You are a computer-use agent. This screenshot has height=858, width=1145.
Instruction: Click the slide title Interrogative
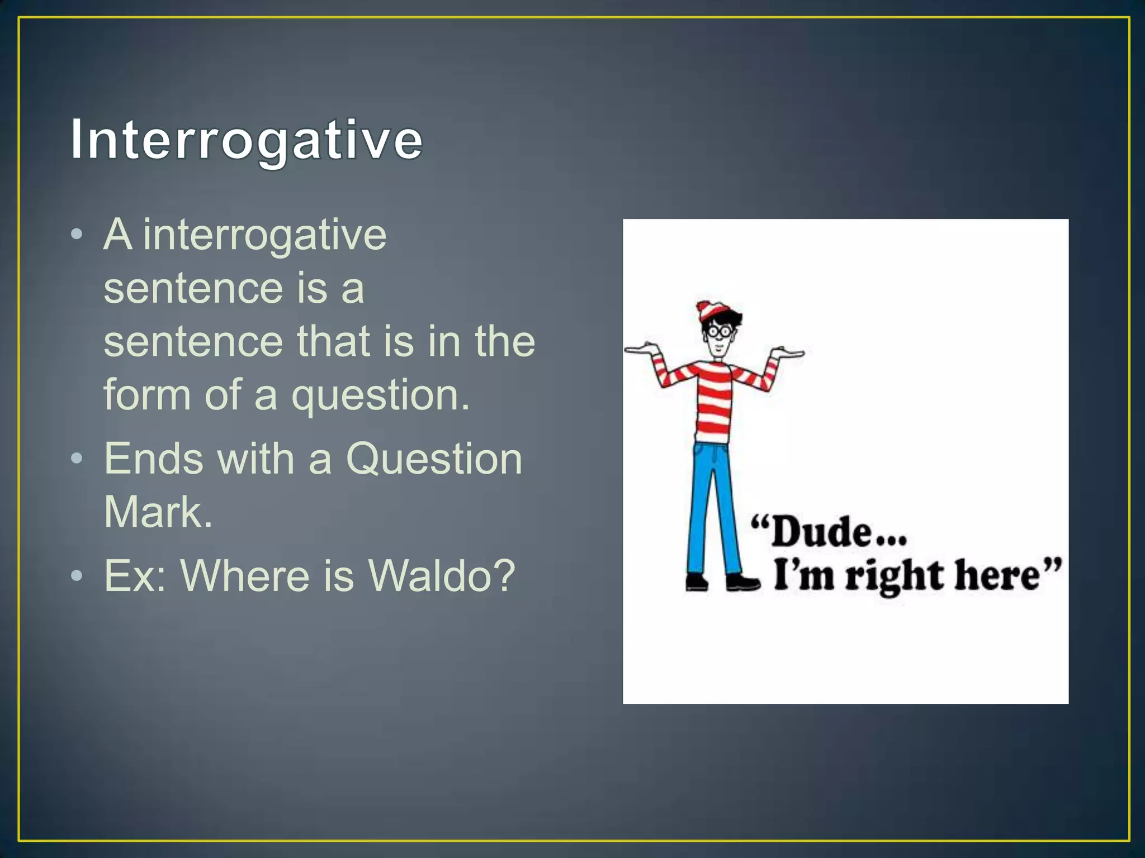coord(246,140)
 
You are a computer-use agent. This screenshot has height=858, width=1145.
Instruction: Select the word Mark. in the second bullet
coord(158,512)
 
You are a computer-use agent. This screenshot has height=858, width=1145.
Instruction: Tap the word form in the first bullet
coord(147,394)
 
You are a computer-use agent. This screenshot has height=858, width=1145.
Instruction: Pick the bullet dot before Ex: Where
coord(78,575)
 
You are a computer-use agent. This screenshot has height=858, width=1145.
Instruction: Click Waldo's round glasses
coord(719,331)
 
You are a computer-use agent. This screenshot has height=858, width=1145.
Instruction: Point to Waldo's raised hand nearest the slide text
coord(643,349)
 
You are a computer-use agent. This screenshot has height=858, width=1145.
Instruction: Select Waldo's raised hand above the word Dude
coord(787,352)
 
